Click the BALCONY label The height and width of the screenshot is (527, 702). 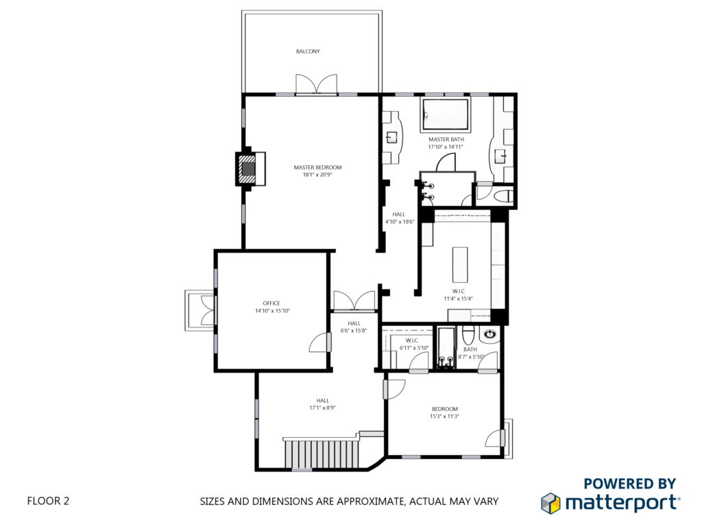pyautogui.click(x=308, y=51)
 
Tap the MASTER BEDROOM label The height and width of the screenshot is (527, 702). pyautogui.click(x=317, y=167)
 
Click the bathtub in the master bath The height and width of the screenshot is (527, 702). pyautogui.click(x=446, y=115)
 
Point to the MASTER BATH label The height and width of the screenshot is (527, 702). pyautogui.click(x=446, y=139)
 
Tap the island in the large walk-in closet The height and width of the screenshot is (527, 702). pyautogui.click(x=460, y=264)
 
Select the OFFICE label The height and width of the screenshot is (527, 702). pyautogui.click(x=271, y=303)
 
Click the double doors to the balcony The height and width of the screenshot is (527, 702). pyautogui.click(x=316, y=84)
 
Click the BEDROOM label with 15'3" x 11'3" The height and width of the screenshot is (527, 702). pyautogui.click(x=444, y=409)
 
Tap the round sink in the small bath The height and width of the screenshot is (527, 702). pyautogui.click(x=491, y=334)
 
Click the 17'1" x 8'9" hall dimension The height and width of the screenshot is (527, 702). pyautogui.click(x=322, y=408)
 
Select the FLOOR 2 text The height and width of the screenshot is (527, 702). pyautogui.click(x=49, y=501)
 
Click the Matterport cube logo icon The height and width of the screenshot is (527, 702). pyautogui.click(x=550, y=503)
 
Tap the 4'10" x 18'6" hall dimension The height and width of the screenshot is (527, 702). pyautogui.click(x=400, y=222)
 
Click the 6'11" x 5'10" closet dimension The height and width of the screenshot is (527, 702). pyautogui.click(x=414, y=348)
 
